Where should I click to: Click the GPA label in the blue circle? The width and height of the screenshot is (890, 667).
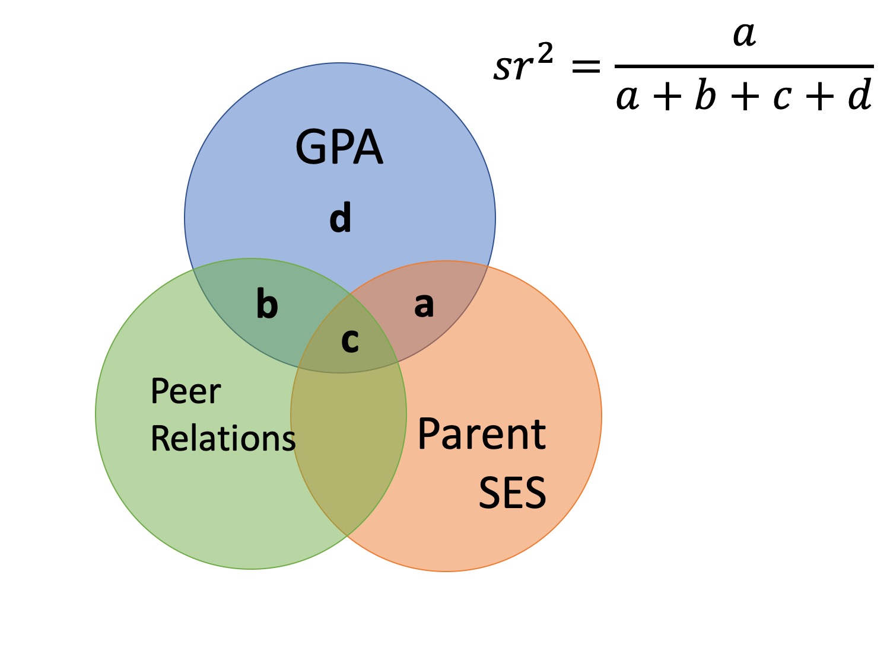[x=339, y=147]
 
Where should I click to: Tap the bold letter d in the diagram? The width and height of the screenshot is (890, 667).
[x=341, y=218]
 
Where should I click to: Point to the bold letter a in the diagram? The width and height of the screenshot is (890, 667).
[x=424, y=305]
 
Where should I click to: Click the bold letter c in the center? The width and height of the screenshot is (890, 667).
[x=350, y=340]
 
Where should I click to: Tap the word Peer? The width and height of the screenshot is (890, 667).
[x=186, y=391]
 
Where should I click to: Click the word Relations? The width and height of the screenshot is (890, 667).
[x=223, y=439]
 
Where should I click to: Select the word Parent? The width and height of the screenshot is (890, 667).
[x=481, y=435]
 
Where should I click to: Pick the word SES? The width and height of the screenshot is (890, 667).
[x=512, y=493]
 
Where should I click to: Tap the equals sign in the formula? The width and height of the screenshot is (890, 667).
[x=586, y=66]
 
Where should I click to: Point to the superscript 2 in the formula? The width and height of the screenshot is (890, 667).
[x=545, y=55]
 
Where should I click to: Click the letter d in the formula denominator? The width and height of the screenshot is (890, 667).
[x=860, y=95]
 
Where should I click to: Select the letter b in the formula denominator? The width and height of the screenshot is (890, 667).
[x=705, y=95]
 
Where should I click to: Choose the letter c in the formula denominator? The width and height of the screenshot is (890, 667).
[x=783, y=97]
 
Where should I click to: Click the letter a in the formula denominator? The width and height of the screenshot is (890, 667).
[x=628, y=97]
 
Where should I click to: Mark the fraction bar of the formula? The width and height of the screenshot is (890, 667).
[x=744, y=66]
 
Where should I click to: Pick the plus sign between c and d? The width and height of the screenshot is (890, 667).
[x=821, y=97]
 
